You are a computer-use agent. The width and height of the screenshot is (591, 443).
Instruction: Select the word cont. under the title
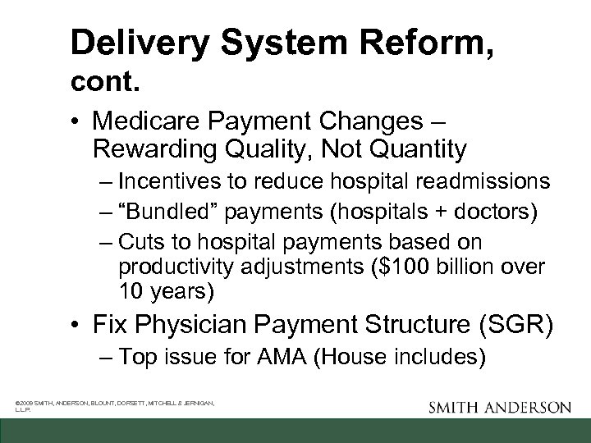coord(103,81)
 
